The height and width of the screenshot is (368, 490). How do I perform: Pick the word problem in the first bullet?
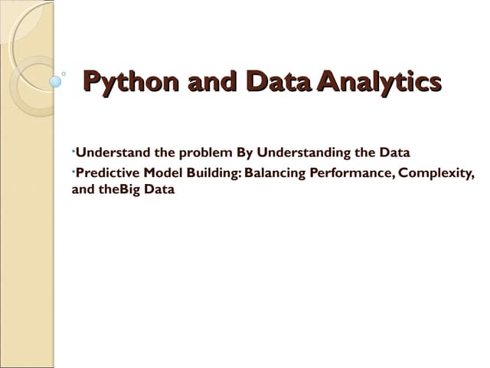[x=205, y=152]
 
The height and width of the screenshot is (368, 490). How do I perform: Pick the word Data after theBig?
[x=158, y=189]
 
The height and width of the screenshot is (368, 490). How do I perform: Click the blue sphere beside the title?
[x=55, y=80]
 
